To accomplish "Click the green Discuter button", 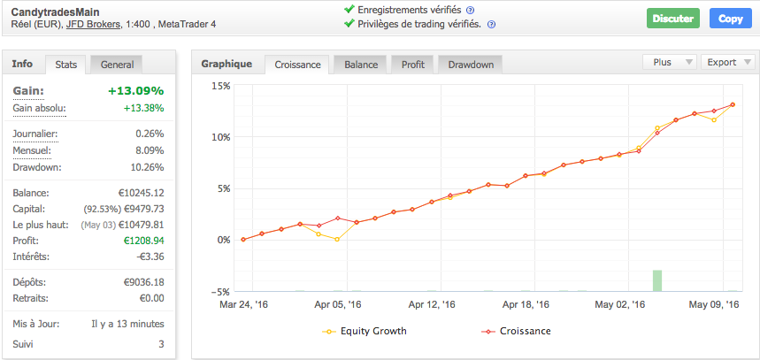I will point(672,19).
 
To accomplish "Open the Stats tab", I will point(65,65).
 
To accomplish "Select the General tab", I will point(117,65).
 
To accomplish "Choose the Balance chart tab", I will point(361,65).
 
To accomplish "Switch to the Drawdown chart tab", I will point(471,65).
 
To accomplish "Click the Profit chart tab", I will point(412,65).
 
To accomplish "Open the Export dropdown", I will point(726,63).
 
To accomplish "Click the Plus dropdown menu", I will point(669,63).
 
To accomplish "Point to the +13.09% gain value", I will point(135,91).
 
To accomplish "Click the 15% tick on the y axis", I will point(219,86).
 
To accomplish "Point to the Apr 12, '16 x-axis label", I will point(434,304).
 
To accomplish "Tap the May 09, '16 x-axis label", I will point(714,304).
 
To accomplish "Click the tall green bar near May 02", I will point(657,280).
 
